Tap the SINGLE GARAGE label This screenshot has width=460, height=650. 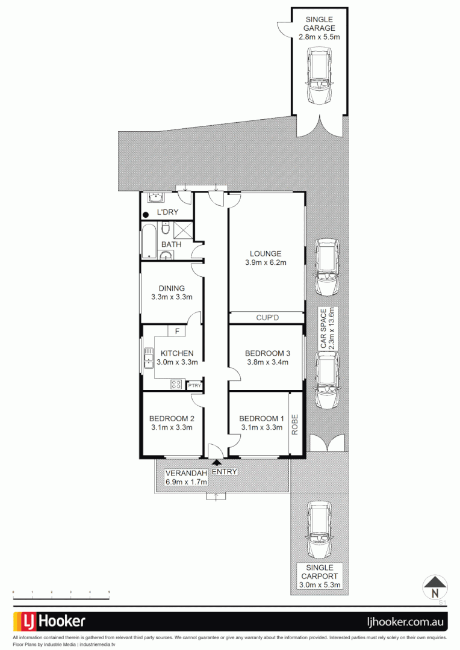[x=320, y=23]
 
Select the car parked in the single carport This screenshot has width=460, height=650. [x=319, y=530]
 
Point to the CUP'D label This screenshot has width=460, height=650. [x=267, y=318]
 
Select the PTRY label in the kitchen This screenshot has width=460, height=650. [x=194, y=386]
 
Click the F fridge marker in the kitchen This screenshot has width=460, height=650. [x=176, y=331]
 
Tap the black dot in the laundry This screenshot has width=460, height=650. [x=146, y=214]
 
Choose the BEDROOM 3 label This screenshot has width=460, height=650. [x=267, y=353]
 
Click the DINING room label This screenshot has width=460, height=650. [x=172, y=288]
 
